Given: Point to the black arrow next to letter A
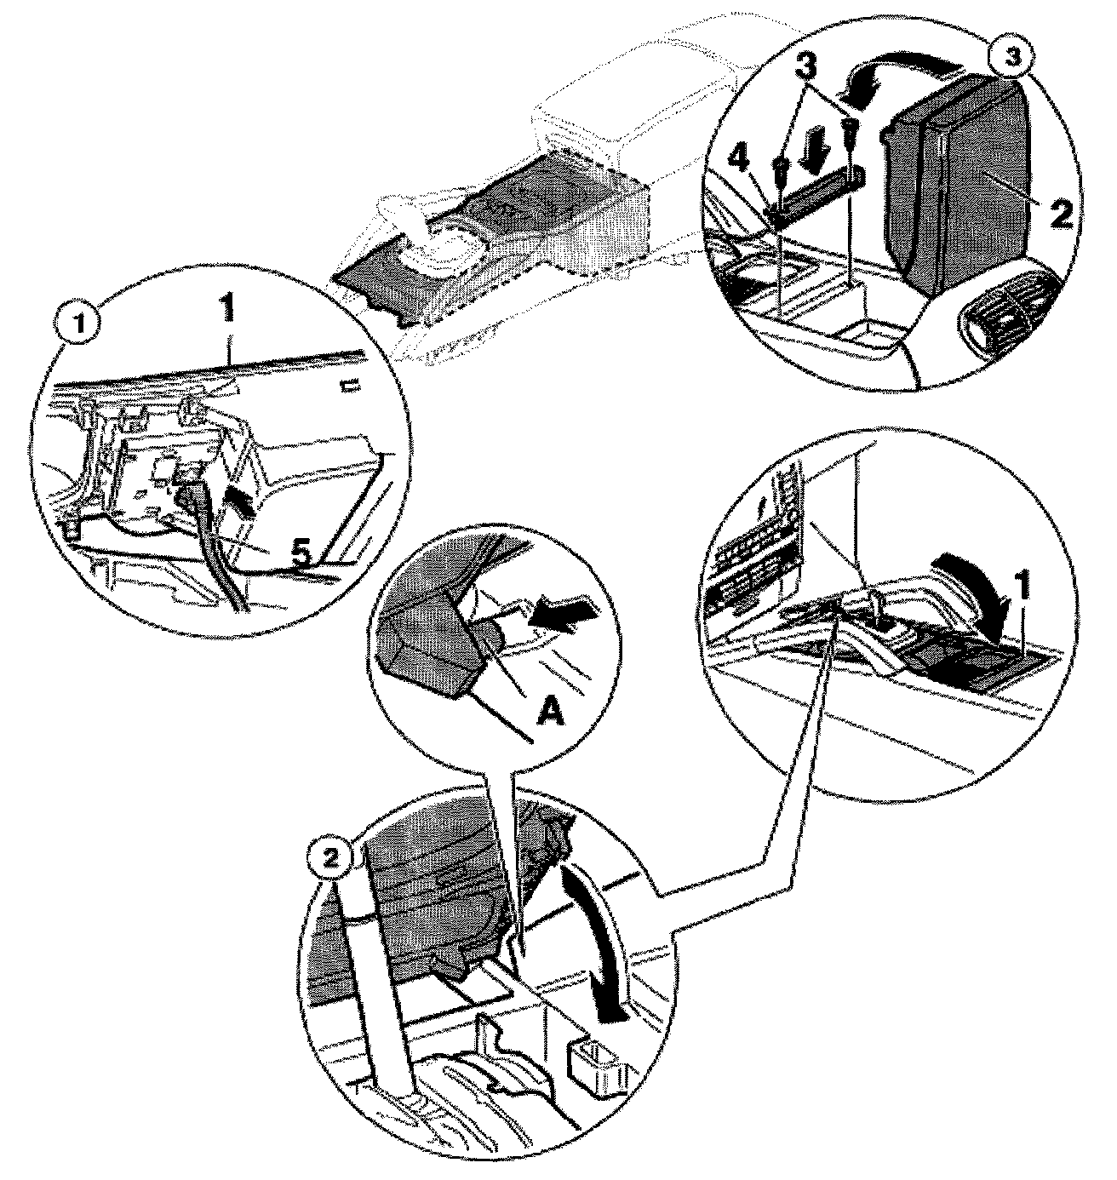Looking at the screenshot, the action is tap(564, 612).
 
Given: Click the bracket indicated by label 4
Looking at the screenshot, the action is tap(816, 198).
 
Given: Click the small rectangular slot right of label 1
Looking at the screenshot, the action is tap(350, 383).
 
